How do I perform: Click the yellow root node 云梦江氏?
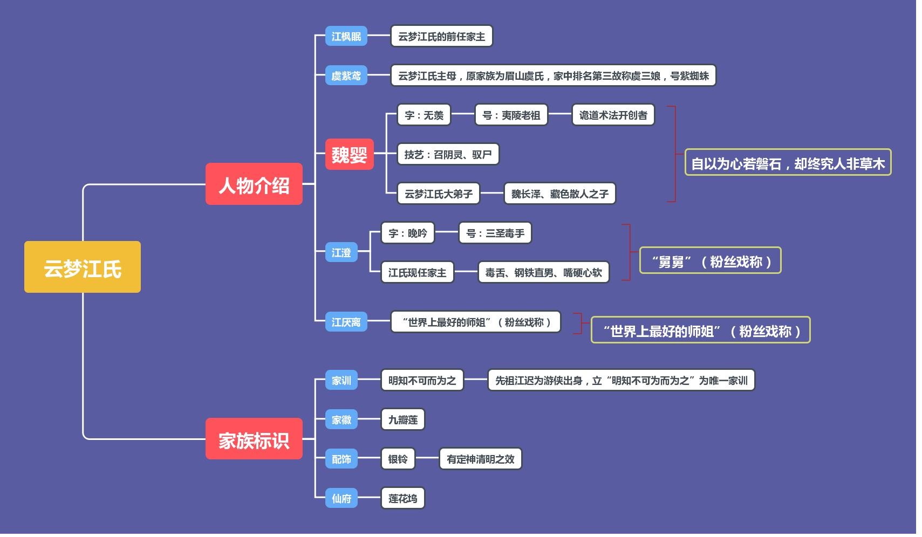(x=83, y=267)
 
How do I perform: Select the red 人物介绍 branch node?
(x=254, y=184)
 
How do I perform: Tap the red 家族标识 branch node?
(x=254, y=439)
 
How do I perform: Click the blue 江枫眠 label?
(x=346, y=36)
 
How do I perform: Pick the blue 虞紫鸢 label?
(x=346, y=75)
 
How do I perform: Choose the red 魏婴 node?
(x=349, y=154)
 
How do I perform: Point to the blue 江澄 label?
(x=341, y=252)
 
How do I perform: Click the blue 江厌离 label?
(x=346, y=322)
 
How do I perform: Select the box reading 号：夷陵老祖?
(x=511, y=115)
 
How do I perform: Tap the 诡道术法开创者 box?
(x=613, y=115)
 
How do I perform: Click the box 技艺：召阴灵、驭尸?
(x=448, y=154)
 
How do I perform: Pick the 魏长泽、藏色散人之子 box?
(x=559, y=194)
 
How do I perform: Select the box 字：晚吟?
(x=407, y=233)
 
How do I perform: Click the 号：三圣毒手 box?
(x=495, y=233)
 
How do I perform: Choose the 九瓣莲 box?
(x=402, y=419)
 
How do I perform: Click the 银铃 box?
(x=398, y=459)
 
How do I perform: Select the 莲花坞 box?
(x=402, y=498)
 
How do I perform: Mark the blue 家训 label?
(x=341, y=380)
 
